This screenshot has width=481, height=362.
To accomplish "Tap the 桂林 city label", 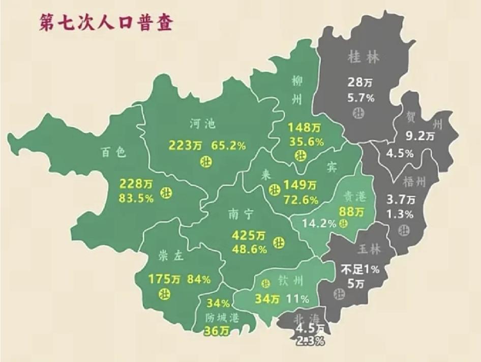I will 363,57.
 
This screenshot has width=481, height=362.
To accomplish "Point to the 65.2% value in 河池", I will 228,146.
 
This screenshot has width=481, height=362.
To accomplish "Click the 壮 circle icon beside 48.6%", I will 279,242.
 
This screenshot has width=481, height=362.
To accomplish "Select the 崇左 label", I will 170,257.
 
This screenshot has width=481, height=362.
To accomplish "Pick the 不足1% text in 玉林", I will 360,269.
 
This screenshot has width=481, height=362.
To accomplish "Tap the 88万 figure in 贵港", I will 352,210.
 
